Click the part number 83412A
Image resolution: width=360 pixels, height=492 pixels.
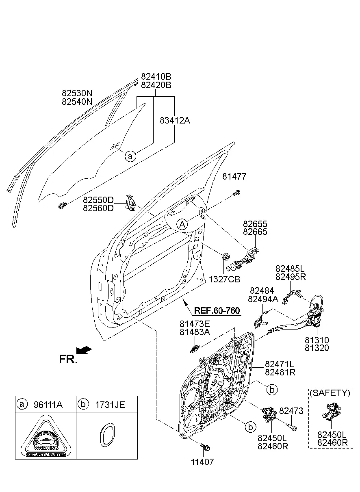click(x=175, y=121)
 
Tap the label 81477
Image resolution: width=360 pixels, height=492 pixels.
click(x=234, y=176)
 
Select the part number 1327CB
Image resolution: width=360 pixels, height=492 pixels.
click(x=224, y=280)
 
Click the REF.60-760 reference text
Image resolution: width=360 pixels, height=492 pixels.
click(x=217, y=311)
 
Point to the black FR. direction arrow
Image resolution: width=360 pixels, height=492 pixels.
click(x=84, y=350)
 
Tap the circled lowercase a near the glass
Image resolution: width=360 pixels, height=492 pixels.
click(x=130, y=156)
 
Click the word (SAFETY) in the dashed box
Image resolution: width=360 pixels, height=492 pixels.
click(x=330, y=393)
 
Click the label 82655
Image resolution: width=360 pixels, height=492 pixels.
click(x=255, y=224)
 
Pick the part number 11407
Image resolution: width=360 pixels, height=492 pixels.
click(x=202, y=462)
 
